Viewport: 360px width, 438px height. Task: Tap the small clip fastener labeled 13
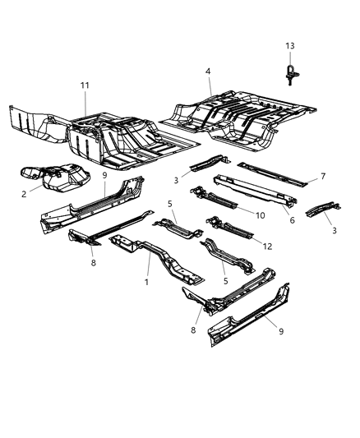290,74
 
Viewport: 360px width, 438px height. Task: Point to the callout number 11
85,85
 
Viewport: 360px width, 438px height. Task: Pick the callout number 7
324,176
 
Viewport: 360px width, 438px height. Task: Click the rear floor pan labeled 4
238,115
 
